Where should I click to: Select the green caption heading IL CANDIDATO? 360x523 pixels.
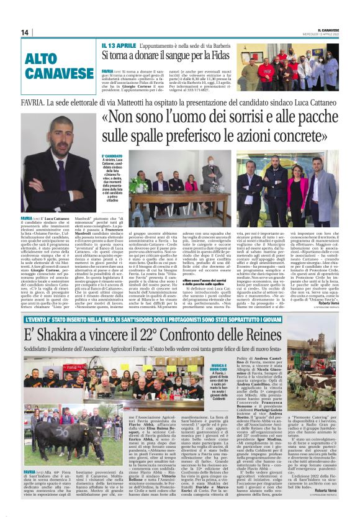pos(112,156)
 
